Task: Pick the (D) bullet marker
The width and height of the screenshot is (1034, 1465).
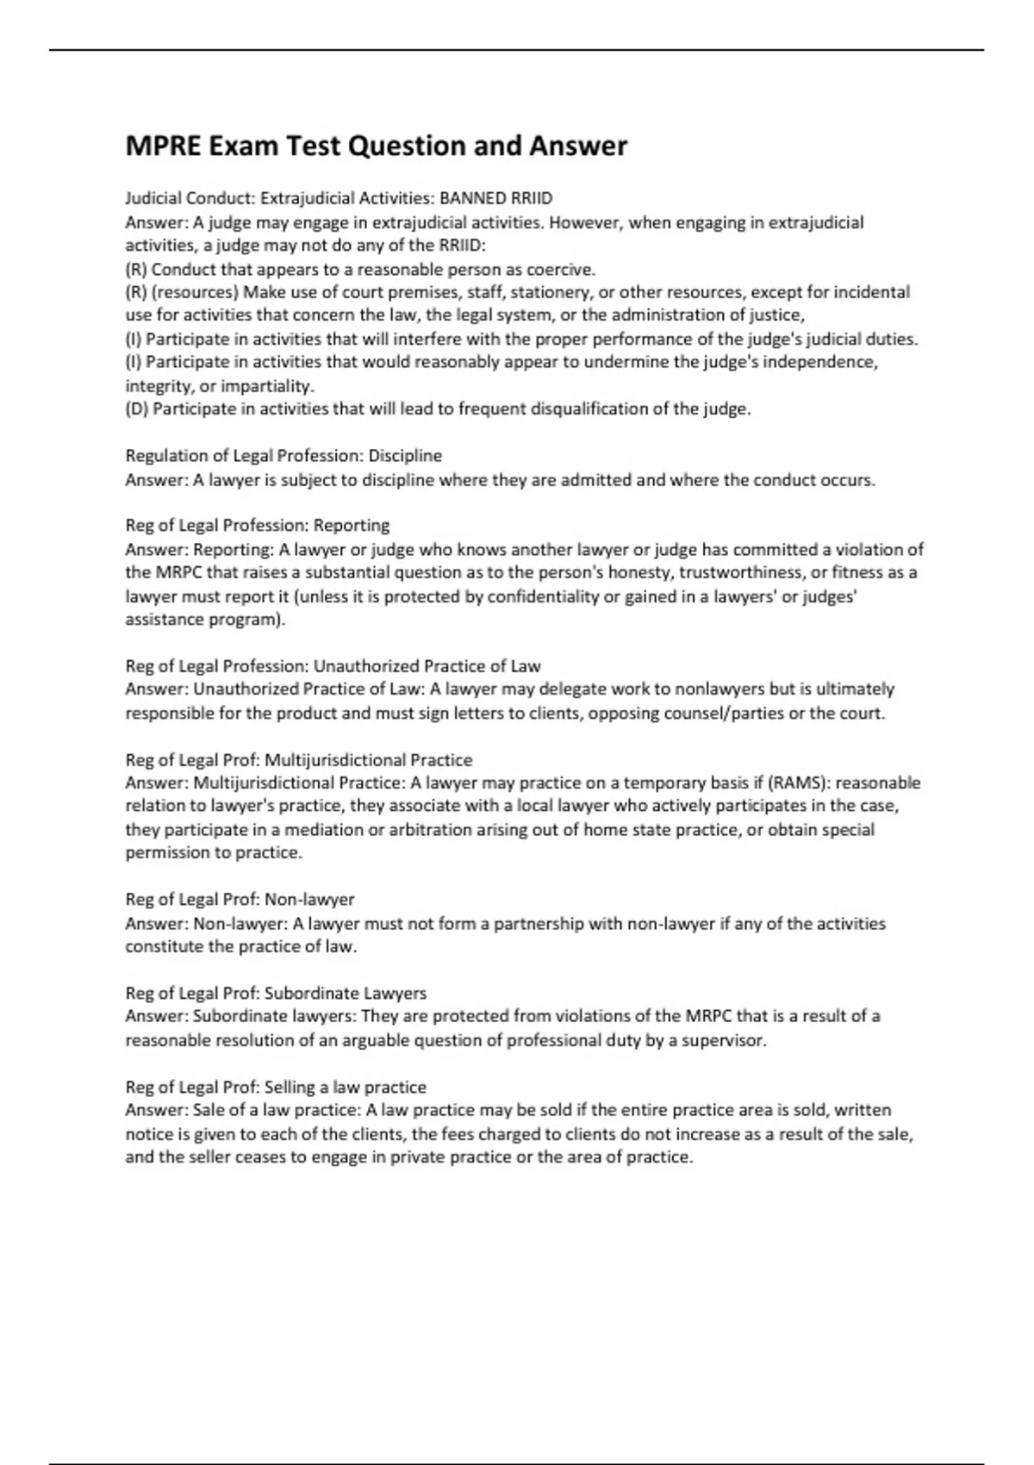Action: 137,408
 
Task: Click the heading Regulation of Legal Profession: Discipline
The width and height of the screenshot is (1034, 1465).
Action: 283,455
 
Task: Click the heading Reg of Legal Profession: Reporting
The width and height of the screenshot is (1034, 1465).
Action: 257,526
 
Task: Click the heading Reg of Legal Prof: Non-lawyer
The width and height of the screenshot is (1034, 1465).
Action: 240,900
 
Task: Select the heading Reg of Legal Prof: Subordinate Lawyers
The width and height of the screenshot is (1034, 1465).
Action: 276,994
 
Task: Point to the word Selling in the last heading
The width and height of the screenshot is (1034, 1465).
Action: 291,1088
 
